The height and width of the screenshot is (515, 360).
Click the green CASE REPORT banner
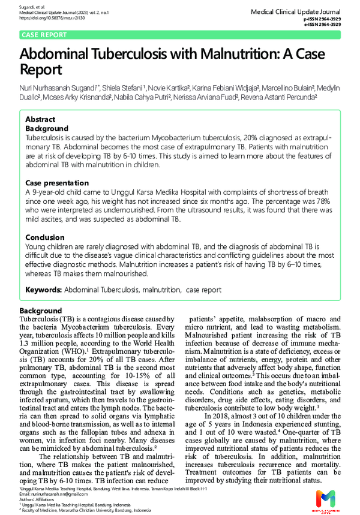(44, 35)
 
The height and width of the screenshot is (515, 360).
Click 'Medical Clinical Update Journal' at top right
(295, 11)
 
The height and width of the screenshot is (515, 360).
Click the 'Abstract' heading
(40, 119)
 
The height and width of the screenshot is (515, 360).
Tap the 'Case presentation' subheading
(57, 182)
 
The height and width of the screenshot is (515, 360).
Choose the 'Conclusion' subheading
(44, 237)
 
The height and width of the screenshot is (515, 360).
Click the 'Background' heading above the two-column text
(41, 311)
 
